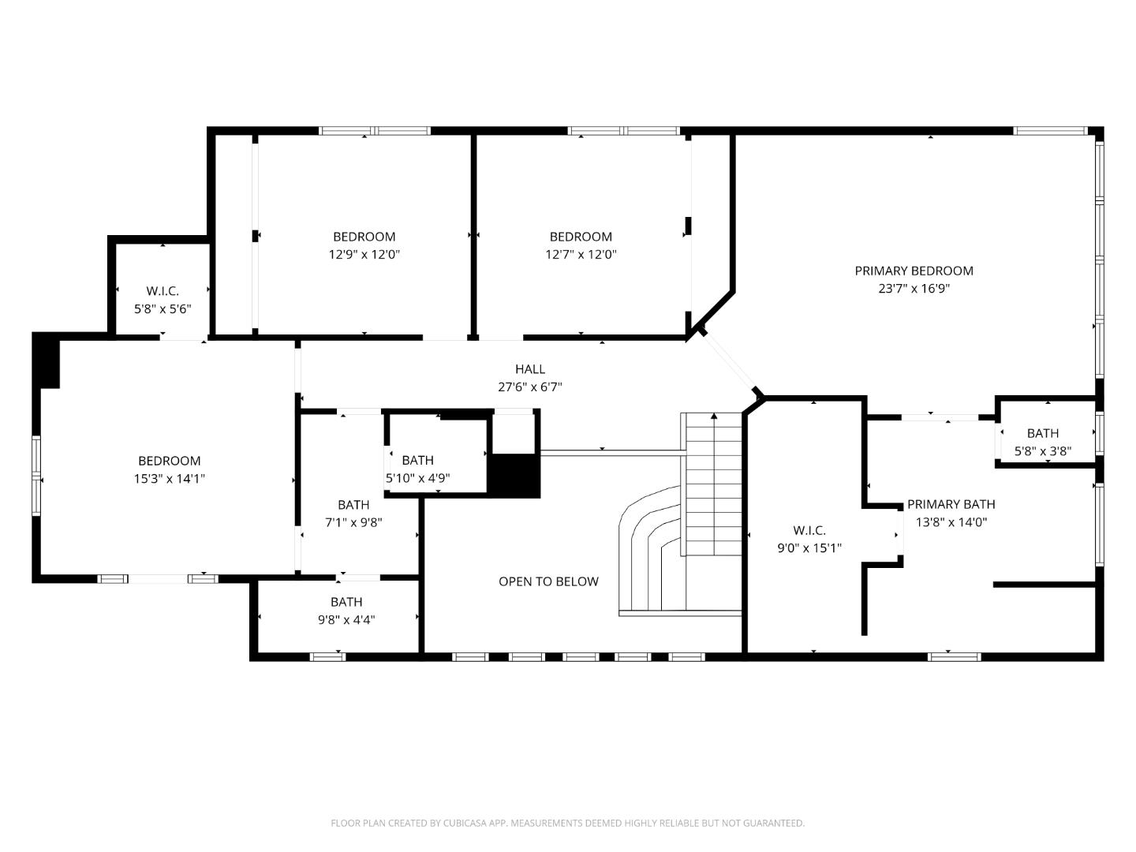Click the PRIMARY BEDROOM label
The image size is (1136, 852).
[914, 271]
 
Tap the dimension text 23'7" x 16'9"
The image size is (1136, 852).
[914, 289]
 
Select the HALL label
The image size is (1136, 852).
[530, 369]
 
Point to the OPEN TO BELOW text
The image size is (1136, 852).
[548, 581]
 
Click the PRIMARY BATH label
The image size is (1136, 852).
[951, 504]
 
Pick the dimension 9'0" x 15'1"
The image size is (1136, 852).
[809, 548]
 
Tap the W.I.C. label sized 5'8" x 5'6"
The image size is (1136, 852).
[163, 291]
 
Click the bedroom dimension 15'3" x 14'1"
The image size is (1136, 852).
[170, 479]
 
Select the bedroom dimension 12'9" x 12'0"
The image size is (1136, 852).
[364, 255]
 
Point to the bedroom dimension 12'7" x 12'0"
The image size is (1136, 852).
[581, 255]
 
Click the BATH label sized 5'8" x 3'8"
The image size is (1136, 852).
[1042, 433]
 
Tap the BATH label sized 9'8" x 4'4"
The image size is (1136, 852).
[346, 602]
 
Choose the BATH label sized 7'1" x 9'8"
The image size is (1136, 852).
[353, 505]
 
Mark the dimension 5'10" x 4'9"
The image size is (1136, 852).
[417, 478]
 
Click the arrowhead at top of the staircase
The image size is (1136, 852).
[714, 416]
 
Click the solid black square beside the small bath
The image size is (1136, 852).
[514, 476]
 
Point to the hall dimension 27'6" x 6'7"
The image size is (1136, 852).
[530, 387]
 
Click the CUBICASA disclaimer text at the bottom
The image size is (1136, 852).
[567, 823]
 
